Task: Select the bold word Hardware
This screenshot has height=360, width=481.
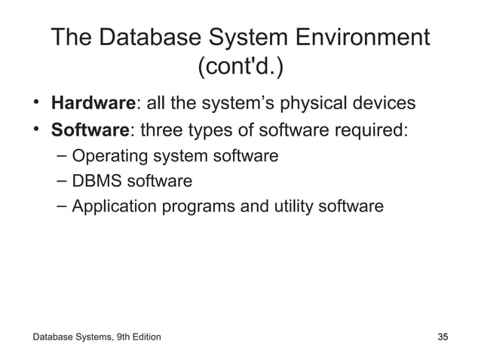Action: click(x=92, y=102)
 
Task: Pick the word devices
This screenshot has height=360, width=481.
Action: click(x=380, y=102)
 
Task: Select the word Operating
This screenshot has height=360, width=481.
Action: click(x=108, y=156)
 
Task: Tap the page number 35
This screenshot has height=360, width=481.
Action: click(x=443, y=336)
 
